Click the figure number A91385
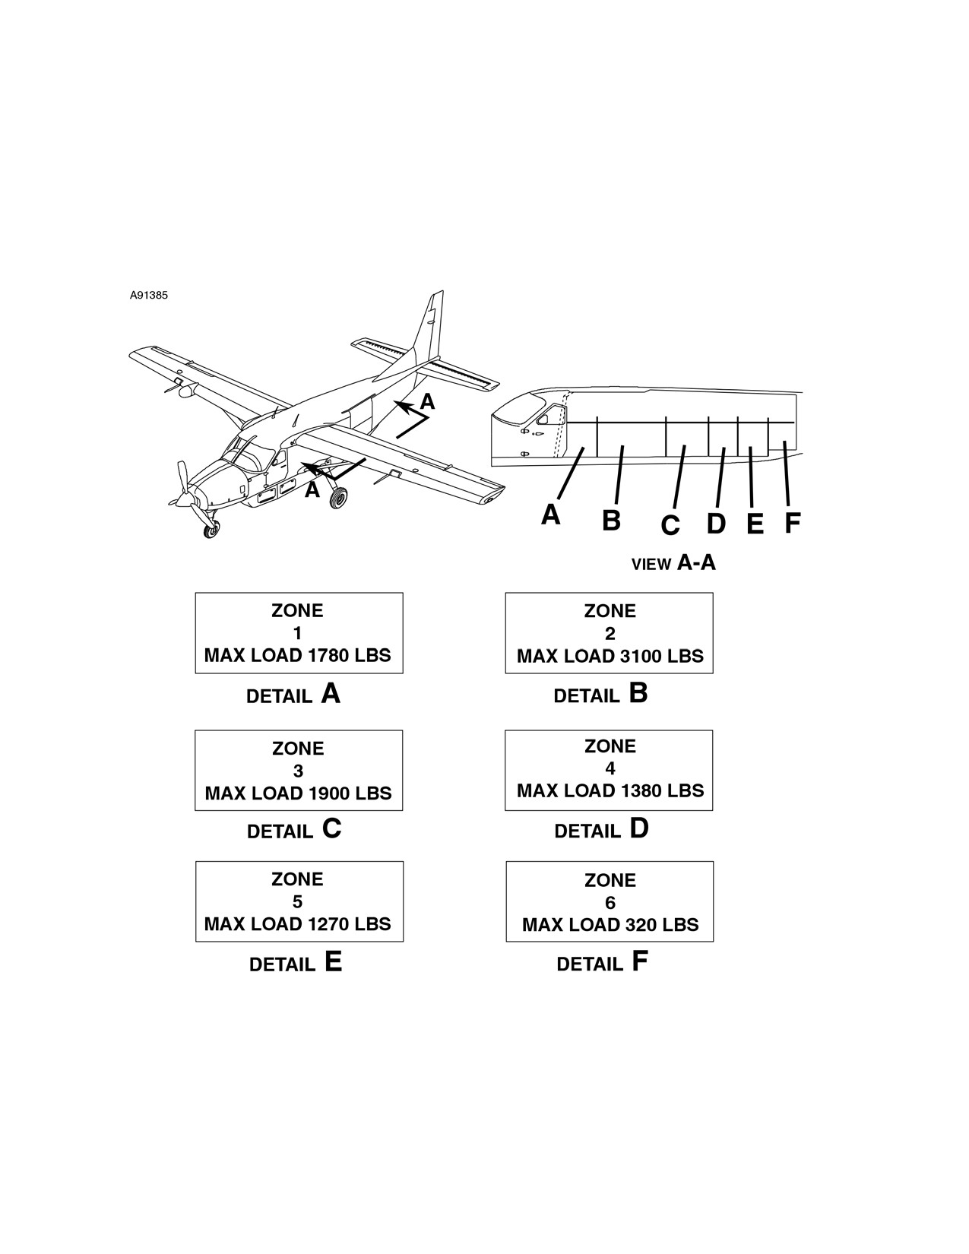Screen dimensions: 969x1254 pos(148,296)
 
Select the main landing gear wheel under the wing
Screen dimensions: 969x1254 pos(338,498)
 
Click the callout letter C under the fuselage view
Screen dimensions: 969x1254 pos(670,525)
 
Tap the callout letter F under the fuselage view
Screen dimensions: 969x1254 pos(793,523)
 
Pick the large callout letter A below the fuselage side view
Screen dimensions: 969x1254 pos(550,515)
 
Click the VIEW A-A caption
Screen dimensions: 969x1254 pos(673,562)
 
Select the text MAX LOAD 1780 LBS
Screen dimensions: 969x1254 pos(298,656)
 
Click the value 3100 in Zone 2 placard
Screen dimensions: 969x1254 pos(637,656)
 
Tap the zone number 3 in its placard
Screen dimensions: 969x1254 pos(298,771)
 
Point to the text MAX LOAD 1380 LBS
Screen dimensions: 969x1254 pos(610,790)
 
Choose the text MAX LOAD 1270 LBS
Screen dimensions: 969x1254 pos(298,924)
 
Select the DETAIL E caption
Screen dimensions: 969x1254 pos(296,962)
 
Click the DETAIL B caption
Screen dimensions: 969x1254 pos(601,694)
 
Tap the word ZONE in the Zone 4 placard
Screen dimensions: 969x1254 pos(610,746)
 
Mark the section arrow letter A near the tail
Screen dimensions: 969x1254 pos(427,401)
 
